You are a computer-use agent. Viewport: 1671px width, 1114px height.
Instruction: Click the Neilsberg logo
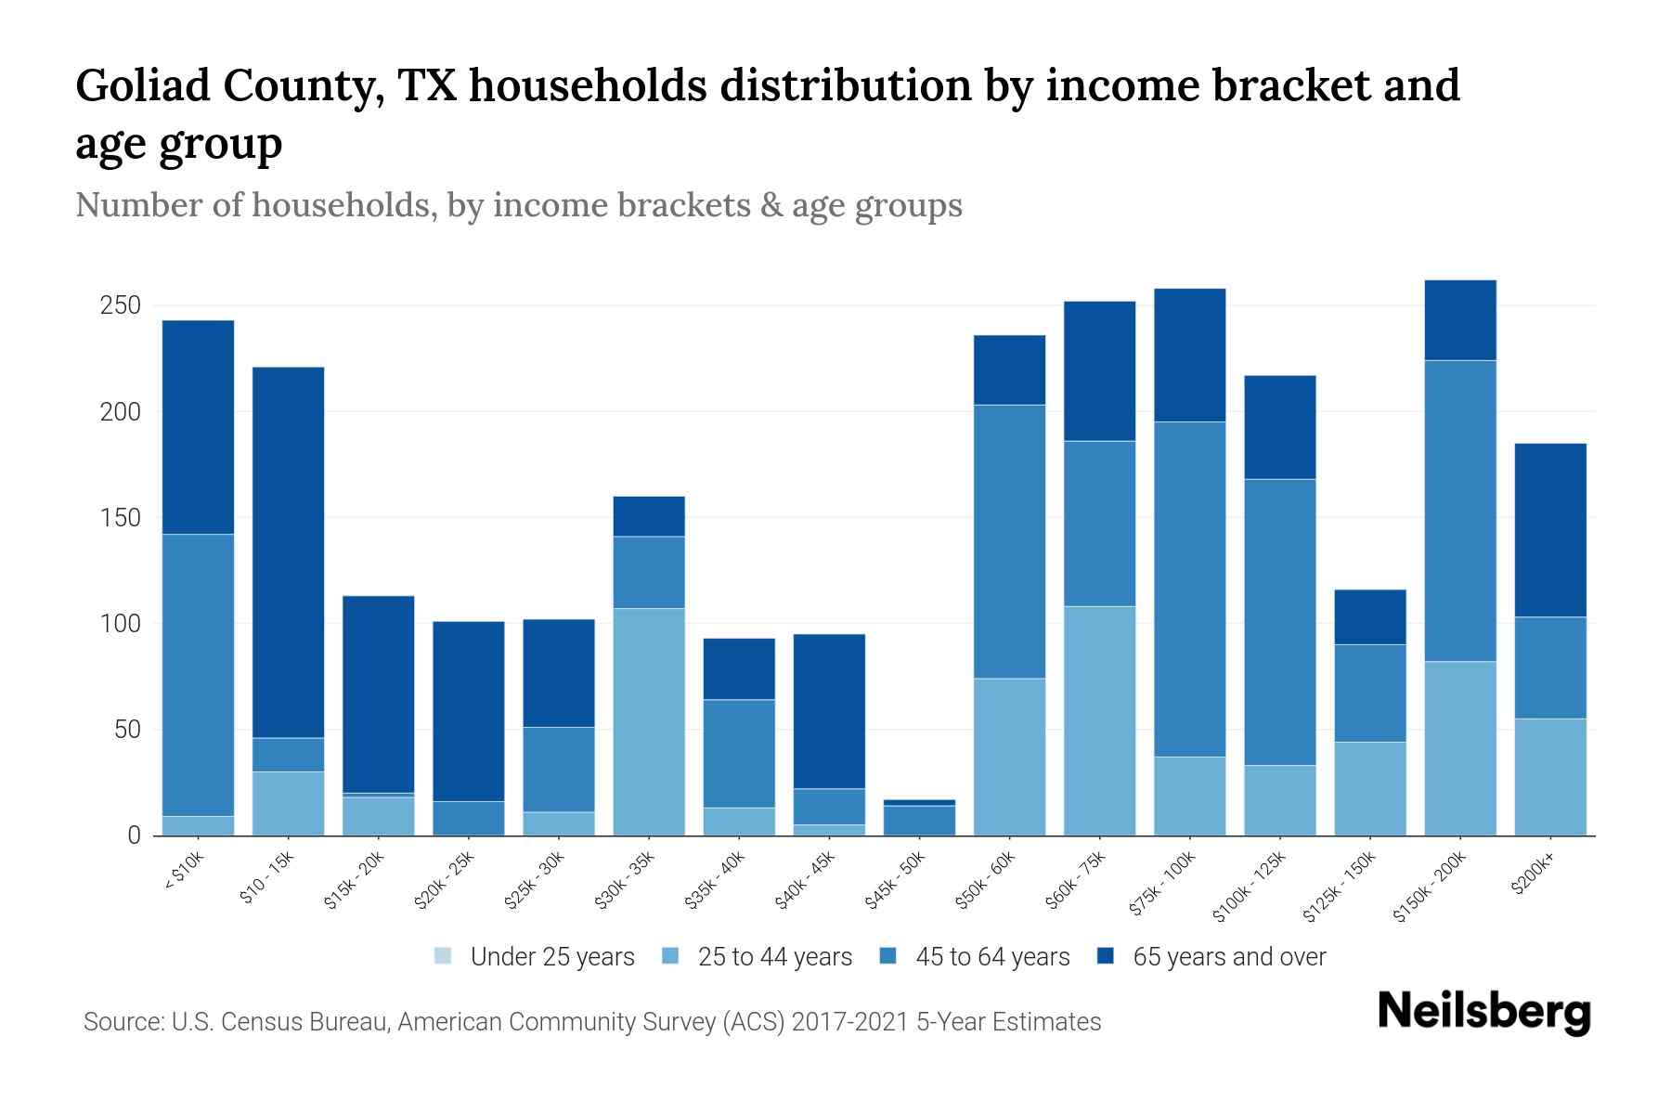(1483, 1011)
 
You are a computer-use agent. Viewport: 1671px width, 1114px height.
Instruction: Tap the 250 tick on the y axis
(120, 305)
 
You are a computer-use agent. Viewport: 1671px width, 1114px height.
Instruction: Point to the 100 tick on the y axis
(120, 624)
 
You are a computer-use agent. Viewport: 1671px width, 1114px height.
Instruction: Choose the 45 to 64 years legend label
(992, 957)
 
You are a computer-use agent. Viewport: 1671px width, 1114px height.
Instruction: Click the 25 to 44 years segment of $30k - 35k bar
(649, 721)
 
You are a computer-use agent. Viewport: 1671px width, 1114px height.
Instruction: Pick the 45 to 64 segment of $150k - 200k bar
(1460, 511)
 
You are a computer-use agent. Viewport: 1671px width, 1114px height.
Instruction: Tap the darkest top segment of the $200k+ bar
(1550, 530)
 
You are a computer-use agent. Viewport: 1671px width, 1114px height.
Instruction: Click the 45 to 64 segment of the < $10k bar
(198, 675)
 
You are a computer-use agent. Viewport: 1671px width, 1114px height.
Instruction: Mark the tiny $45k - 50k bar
(919, 818)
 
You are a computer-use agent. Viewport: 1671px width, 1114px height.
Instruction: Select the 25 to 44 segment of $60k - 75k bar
(1099, 720)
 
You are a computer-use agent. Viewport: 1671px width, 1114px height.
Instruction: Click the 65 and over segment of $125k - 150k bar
(1370, 617)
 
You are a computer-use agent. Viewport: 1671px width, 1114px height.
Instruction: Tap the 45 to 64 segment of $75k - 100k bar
(1189, 589)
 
